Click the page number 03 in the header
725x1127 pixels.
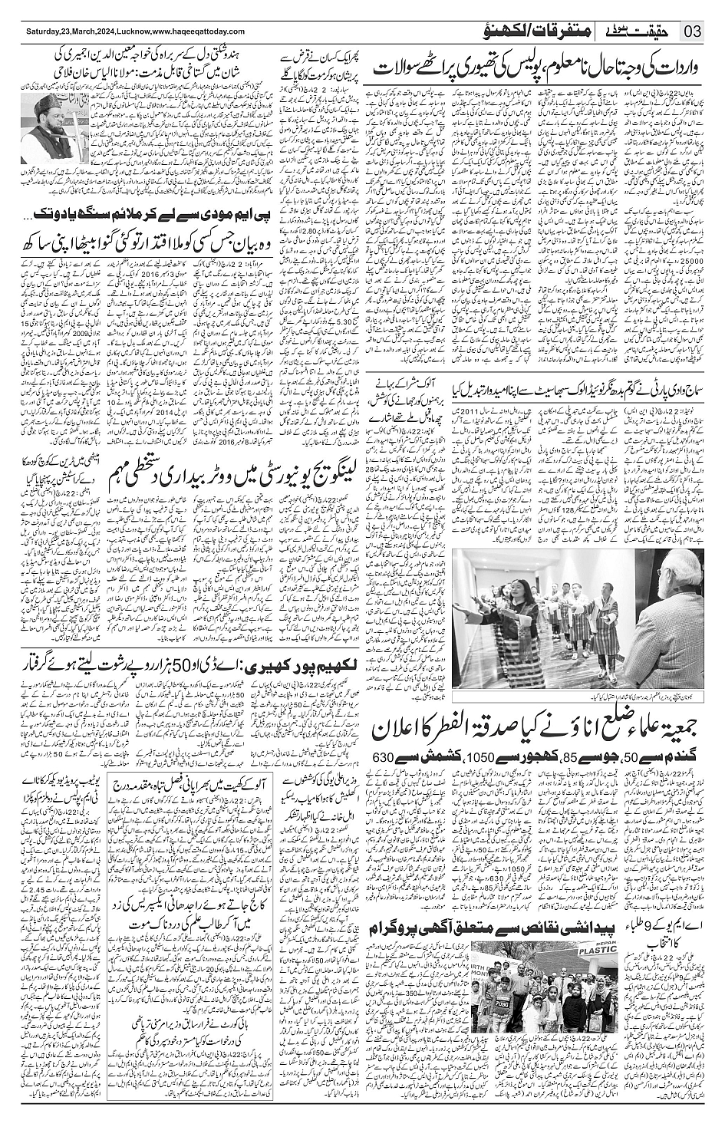(x=692, y=31)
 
